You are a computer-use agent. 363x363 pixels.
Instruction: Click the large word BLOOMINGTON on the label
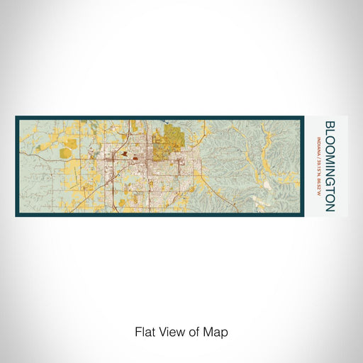coord(330,166)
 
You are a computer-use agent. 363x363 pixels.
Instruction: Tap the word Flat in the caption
coord(144,331)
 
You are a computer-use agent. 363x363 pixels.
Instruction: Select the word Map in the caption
coord(218,331)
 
